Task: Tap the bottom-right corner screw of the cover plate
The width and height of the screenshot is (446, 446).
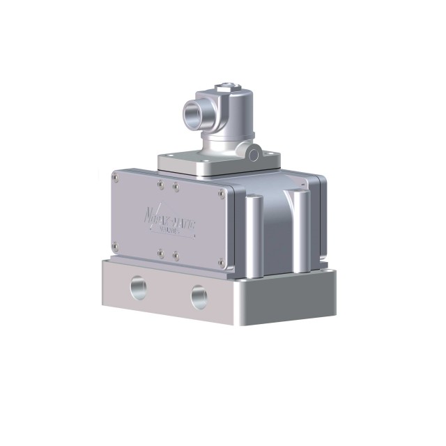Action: coord(221,263)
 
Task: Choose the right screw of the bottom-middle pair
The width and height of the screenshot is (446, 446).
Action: coord(176,254)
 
